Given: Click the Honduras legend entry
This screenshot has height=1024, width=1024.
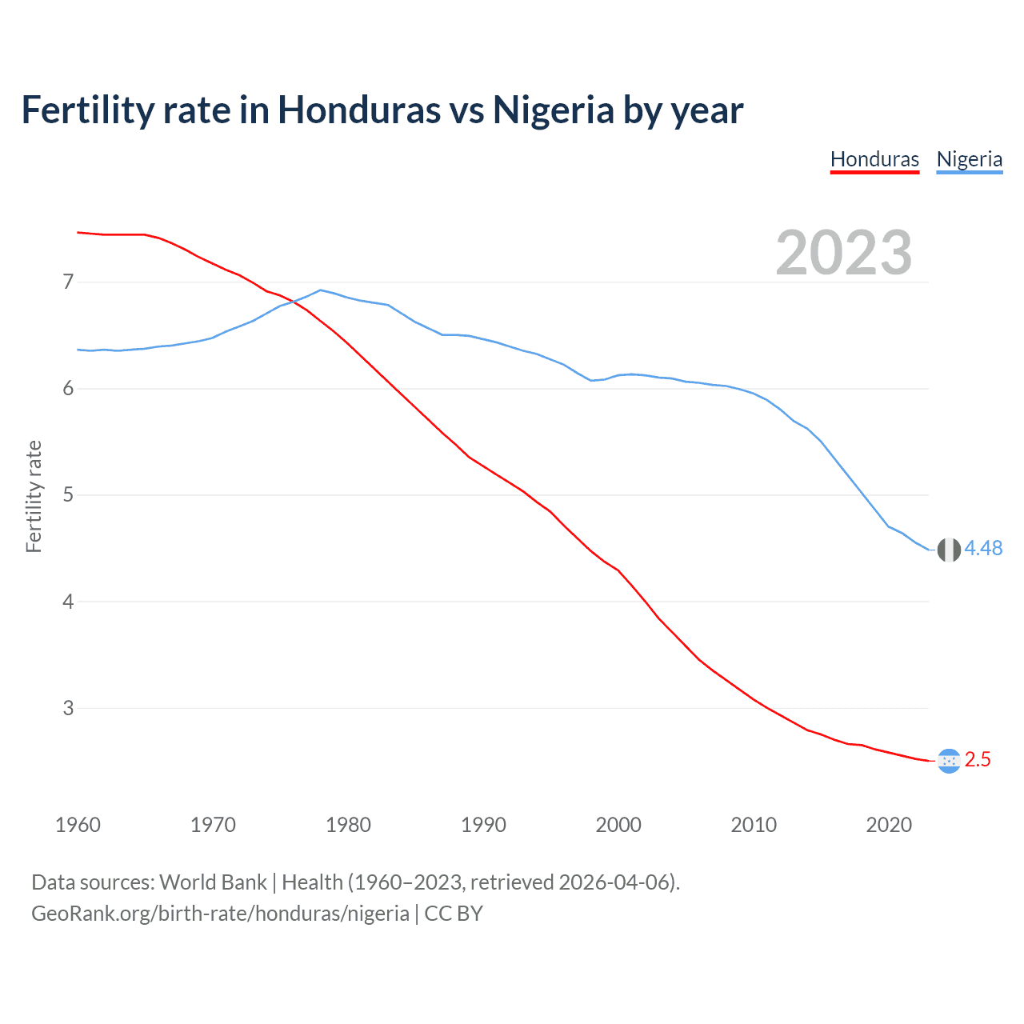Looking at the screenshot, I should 874,159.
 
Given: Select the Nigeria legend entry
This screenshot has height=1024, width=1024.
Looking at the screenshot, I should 969,159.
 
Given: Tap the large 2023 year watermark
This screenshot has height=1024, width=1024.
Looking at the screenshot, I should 843,253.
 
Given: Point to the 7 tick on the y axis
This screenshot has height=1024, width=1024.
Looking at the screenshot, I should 68,282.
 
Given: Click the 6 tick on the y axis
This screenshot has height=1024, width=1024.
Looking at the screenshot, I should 68,389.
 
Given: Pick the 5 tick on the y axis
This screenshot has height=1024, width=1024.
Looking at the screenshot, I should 68,495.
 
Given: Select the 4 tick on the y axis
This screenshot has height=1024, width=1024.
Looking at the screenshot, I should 68,602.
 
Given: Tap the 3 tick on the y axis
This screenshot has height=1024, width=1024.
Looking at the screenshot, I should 68,708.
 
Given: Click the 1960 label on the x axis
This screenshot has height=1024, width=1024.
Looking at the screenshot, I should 78,825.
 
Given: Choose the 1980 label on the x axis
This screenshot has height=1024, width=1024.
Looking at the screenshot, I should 348,825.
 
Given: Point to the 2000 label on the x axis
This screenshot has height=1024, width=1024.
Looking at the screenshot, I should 618,825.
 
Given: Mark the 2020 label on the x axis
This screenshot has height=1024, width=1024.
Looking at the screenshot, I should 889,825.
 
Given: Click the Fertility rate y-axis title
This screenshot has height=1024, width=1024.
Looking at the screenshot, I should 34,496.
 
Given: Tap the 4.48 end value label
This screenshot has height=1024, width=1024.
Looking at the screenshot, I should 983,548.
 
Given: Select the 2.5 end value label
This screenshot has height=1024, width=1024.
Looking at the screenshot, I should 978,760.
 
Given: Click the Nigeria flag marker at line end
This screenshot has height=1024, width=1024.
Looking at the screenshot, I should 949,550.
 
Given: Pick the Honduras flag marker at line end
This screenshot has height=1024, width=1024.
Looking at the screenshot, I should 949,761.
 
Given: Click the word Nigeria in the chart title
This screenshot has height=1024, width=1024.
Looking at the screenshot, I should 553,110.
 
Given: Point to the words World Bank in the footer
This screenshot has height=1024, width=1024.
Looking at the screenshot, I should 213,882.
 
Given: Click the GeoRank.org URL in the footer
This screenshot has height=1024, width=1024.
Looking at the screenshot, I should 220,914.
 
